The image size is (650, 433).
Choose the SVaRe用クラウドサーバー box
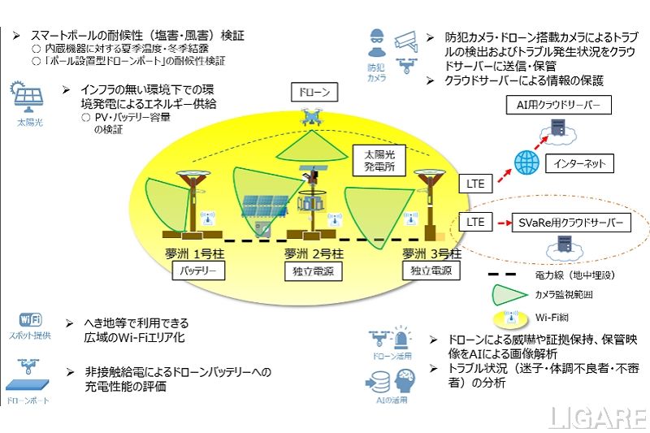[x=572, y=221]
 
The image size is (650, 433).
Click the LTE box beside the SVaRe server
[x=475, y=221]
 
